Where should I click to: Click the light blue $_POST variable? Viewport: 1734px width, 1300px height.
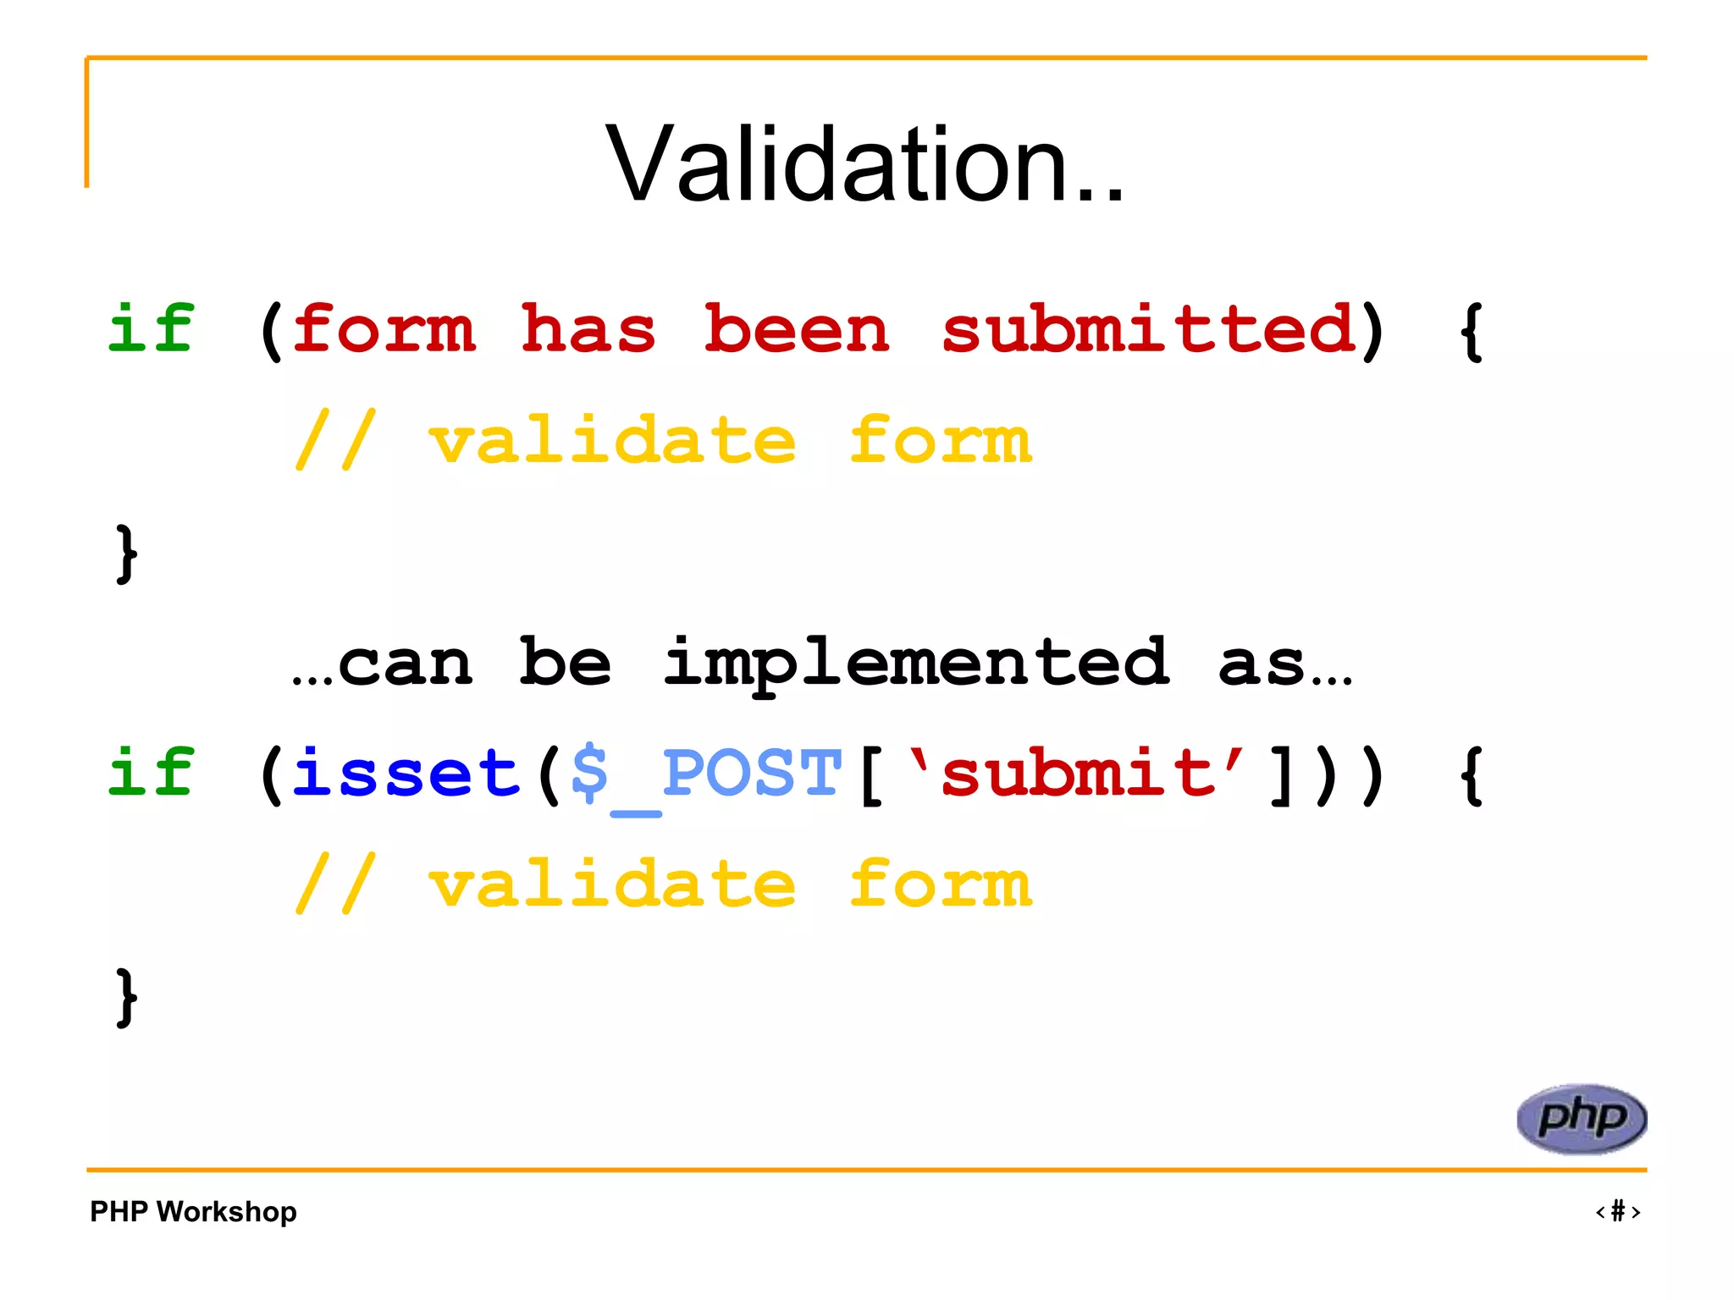(706, 774)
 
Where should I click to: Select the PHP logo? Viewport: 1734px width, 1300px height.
(1581, 1118)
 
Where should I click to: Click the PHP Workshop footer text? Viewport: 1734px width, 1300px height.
(193, 1212)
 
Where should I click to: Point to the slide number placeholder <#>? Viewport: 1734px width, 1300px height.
(1617, 1212)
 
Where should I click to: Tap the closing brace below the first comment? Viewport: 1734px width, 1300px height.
(126, 554)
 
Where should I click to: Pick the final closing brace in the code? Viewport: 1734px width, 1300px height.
(126, 997)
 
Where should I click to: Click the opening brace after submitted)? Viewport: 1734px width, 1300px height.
(1472, 332)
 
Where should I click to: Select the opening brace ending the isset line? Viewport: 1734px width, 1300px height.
(1472, 776)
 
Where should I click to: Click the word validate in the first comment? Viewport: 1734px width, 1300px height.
(612, 441)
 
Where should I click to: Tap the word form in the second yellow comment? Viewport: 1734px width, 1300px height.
(941, 885)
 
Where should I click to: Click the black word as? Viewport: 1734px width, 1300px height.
(1262, 664)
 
